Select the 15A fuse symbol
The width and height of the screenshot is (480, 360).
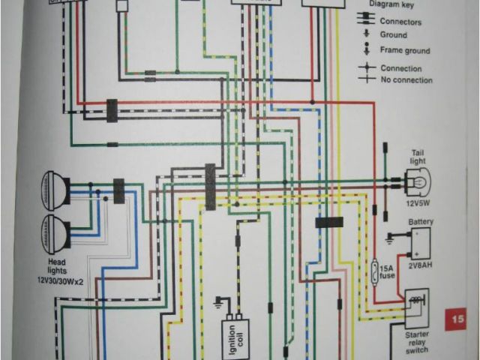coord(375,268)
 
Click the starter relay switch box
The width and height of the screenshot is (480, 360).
coord(416,307)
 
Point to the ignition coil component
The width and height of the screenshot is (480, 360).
coord(235,330)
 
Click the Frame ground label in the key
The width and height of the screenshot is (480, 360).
coord(405,51)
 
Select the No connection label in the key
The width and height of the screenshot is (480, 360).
coord(406,79)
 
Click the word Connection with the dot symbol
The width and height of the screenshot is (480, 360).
coord(401,68)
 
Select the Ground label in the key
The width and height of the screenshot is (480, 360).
coord(394,35)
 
